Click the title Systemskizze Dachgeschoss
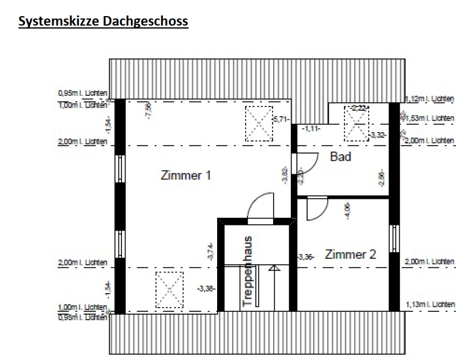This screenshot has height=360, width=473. [x=104, y=22]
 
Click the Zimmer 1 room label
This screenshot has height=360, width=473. [x=186, y=176]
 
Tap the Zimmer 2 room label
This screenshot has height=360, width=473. [x=350, y=255]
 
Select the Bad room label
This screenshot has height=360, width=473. [x=340, y=156]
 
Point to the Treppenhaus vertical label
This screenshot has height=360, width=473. [x=249, y=271]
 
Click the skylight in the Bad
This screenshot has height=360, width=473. [x=357, y=124]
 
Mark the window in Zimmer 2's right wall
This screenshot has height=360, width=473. [x=393, y=238]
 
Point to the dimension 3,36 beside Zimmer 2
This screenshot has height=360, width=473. [x=305, y=257]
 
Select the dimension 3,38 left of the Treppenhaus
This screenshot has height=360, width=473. [x=206, y=289]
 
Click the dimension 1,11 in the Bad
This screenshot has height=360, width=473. [x=311, y=127]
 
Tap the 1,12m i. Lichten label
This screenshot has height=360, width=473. [x=429, y=98]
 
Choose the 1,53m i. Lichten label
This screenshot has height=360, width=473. [x=430, y=118]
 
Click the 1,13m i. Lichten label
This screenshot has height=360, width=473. [x=429, y=305]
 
